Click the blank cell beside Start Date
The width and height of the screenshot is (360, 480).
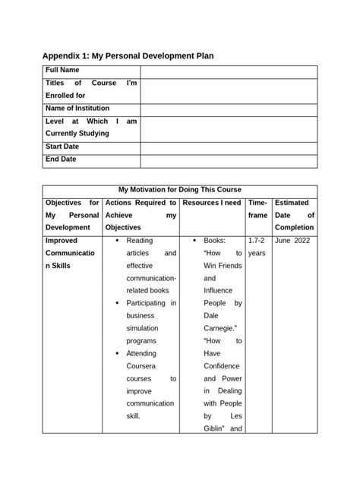229,147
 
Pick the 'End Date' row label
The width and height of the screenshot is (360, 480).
62,159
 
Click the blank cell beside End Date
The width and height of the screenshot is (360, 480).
229,160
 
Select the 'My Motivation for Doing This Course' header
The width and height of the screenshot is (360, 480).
180,190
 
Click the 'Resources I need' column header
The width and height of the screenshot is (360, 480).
212,204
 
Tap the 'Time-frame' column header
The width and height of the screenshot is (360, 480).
257,210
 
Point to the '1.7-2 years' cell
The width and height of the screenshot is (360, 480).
257,247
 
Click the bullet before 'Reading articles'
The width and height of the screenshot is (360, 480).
116,241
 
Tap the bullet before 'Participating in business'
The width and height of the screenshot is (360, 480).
116,303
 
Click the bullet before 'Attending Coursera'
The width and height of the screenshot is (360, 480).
116,353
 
